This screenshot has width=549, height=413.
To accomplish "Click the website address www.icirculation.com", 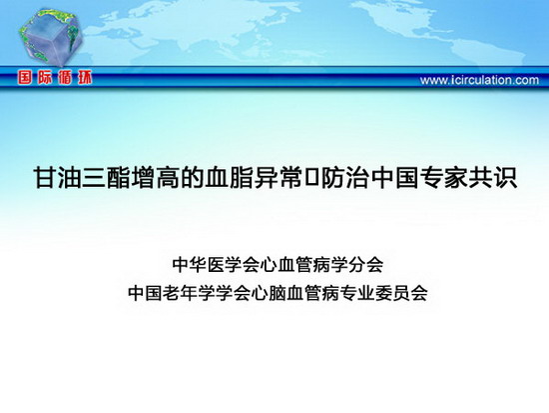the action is tap(479, 80).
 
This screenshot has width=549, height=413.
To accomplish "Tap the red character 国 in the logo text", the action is tap(25, 78).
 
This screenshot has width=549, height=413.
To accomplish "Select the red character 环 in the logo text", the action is tap(85, 78).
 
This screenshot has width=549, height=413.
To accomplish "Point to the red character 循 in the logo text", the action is tap(65, 78).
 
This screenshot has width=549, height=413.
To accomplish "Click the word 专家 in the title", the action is tap(443, 178).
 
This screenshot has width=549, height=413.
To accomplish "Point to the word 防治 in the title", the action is tap(345, 178).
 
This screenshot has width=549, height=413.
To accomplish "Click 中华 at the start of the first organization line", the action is tap(190, 265).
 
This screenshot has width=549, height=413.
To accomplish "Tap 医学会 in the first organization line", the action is tap(234, 265).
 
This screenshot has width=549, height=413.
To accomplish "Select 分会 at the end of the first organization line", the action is tap(366, 265).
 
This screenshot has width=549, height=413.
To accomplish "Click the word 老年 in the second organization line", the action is tap(181, 293).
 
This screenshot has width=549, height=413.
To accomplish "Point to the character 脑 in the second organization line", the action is tap(277, 293).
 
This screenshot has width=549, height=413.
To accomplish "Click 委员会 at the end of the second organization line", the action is tap(401, 293).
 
